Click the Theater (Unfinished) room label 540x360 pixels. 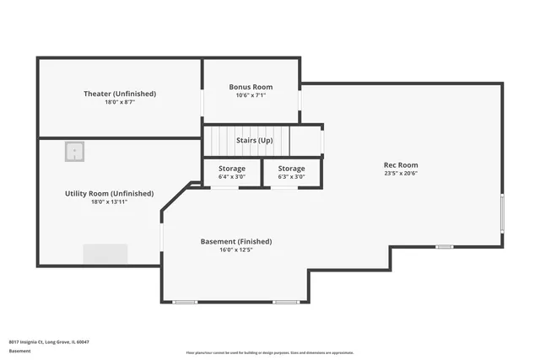119,94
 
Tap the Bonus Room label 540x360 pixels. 251,87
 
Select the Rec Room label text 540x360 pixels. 401,165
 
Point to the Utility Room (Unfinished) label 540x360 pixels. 109,194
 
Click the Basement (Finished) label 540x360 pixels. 236,242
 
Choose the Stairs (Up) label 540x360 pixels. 254,140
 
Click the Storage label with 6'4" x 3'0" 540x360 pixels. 232,169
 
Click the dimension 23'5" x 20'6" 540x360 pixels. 401,174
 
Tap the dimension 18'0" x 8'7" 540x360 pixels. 119,102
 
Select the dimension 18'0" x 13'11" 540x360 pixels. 109,202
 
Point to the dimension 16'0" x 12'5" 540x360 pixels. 236,250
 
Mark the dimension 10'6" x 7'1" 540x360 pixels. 251,95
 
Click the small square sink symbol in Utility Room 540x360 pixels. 75,152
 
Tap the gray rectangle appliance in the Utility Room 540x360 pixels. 105,254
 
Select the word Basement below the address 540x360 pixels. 19,350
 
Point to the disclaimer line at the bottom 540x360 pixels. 269,352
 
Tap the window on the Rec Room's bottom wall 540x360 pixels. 444,246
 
